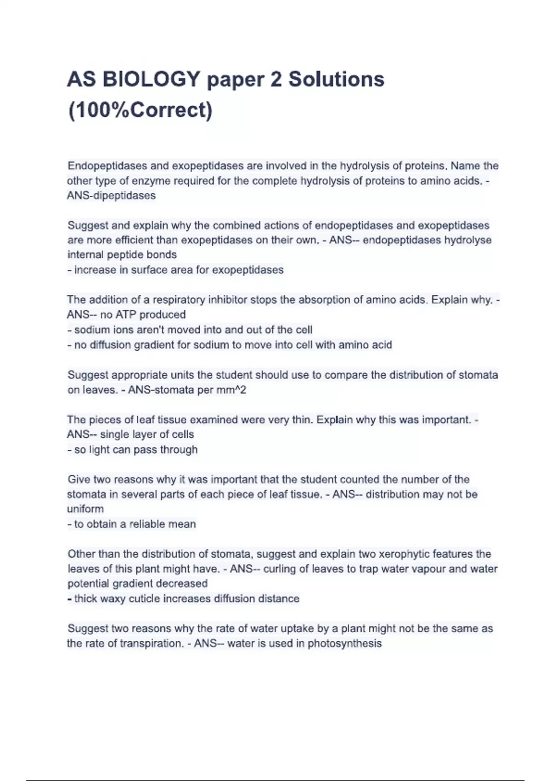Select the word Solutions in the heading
coord(336,79)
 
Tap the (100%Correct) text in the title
coord(140,110)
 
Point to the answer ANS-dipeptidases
coord(112,195)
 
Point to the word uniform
coord(85,509)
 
